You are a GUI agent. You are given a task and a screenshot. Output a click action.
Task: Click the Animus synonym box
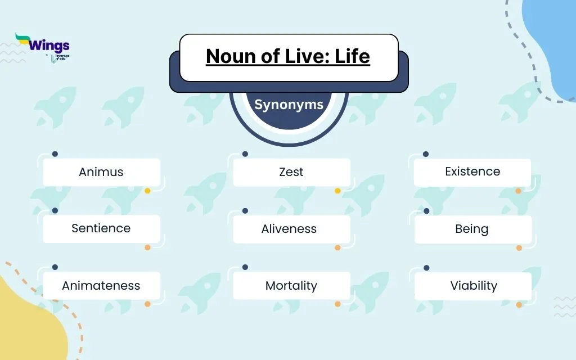[102, 172]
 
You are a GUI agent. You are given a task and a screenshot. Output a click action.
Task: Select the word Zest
[291, 172]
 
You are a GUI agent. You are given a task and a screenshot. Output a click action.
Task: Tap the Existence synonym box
[472, 172]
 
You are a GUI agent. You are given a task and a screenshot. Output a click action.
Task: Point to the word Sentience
[101, 228]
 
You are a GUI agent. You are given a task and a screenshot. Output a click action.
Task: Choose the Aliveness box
[292, 229]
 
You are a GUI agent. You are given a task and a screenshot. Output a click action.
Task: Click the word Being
[472, 229]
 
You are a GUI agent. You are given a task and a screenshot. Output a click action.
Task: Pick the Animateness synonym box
[102, 285]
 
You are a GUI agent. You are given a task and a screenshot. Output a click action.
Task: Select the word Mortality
[291, 285]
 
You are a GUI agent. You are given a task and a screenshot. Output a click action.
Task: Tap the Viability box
[473, 286]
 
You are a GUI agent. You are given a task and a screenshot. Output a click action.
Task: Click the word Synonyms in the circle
[289, 105]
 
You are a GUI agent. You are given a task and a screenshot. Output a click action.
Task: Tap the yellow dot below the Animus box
[147, 191]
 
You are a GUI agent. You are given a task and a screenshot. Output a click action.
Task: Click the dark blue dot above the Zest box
[245, 154]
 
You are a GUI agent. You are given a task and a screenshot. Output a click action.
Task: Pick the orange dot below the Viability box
[519, 304]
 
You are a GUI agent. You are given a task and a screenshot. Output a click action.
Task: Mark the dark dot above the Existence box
[425, 154]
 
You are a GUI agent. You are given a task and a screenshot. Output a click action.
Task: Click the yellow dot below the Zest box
[337, 191]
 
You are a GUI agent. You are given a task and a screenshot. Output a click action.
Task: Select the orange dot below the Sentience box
[147, 247]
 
